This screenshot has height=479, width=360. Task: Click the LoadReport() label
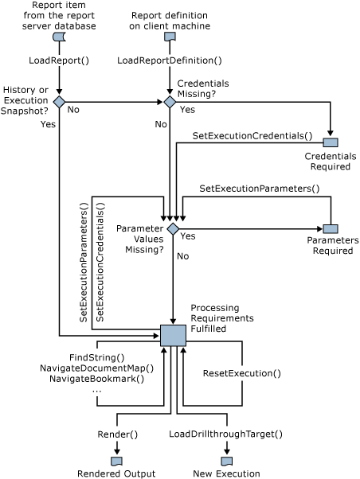pos(58,60)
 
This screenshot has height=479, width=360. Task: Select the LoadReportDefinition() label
pos(169,60)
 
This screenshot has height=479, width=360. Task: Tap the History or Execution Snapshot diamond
pos(58,102)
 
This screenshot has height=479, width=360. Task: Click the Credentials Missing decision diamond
pos(169,102)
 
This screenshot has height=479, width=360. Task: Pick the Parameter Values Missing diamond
pos(173,229)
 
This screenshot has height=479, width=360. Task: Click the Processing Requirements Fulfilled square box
pos(173,335)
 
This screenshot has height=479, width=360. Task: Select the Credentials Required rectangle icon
pos(330,142)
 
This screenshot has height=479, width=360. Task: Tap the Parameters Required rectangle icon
pos(330,229)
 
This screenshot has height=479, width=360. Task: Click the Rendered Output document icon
pos(116,461)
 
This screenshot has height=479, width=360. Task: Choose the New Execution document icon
pos(226,461)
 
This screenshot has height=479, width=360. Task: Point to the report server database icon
pos(58,37)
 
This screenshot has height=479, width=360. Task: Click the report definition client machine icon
pos(169,37)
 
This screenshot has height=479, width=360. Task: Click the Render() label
pos(117,434)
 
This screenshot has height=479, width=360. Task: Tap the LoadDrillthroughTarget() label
pos(226,434)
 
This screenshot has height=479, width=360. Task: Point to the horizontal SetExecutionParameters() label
pos(259,189)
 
